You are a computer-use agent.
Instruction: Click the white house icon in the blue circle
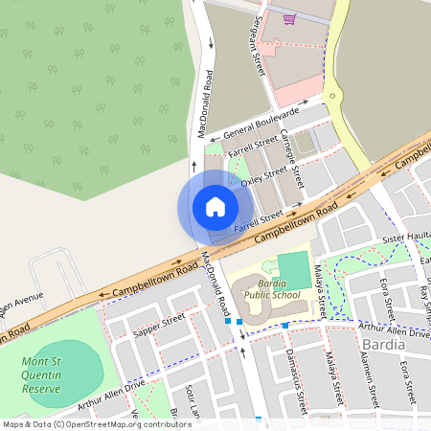215,207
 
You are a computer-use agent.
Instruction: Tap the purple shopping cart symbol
288,18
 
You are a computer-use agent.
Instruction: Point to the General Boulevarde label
248,124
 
